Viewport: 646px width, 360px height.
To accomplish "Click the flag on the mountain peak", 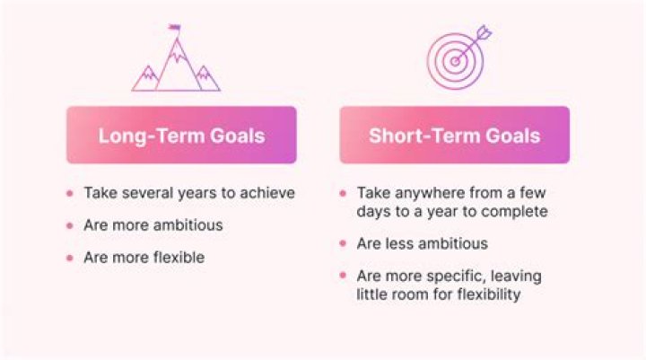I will tap(173, 28).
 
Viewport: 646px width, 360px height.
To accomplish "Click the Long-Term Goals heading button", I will tap(181, 135).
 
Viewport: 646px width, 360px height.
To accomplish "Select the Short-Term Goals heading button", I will tap(454, 135).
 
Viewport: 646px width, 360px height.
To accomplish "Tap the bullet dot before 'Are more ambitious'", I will tap(70, 225).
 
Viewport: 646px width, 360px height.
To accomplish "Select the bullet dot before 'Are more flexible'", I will tap(70, 258).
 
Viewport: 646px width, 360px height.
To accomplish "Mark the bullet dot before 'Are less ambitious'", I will tap(344, 243).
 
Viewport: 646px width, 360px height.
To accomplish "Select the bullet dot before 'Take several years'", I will tap(70, 193).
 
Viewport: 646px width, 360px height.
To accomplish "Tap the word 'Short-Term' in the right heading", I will tap(418, 135).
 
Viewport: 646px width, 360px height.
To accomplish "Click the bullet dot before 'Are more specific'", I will tap(344, 276).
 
